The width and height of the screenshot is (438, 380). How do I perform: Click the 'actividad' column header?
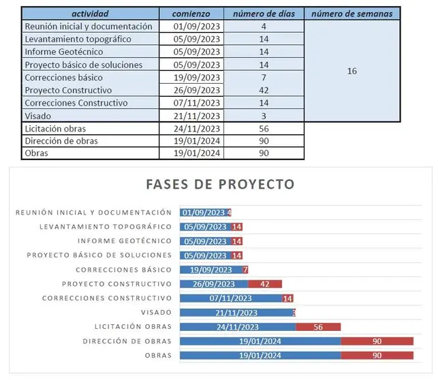pyautogui.click(x=90, y=14)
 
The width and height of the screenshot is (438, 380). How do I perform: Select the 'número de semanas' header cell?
pyautogui.click(x=351, y=14)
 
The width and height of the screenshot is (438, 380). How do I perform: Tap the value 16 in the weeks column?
pyautogui.click(x=351, y=71)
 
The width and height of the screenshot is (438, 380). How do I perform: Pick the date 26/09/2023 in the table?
pyautogui.click(x=196, y=90)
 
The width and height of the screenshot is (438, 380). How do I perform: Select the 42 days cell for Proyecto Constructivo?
pyautogui.click(x=263, y=90)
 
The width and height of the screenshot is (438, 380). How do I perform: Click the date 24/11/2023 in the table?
pyautogui.click(x=196, y=128)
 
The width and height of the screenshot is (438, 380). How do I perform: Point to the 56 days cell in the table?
pyautogui.click(x=263, y=128)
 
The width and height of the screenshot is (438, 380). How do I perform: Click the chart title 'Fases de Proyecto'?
pyautogui.click(x=220, y=185)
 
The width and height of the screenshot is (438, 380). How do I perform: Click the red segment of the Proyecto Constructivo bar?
pyautogui.click(x=265, y=284)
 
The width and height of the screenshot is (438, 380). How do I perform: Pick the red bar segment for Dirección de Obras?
pyautogui.click(x=377, y=341)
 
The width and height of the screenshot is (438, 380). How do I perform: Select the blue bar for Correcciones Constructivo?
pyautogui.click(x=230, y=298)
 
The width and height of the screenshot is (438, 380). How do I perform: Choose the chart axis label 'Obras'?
pyautogui.click(x=158, y=355)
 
